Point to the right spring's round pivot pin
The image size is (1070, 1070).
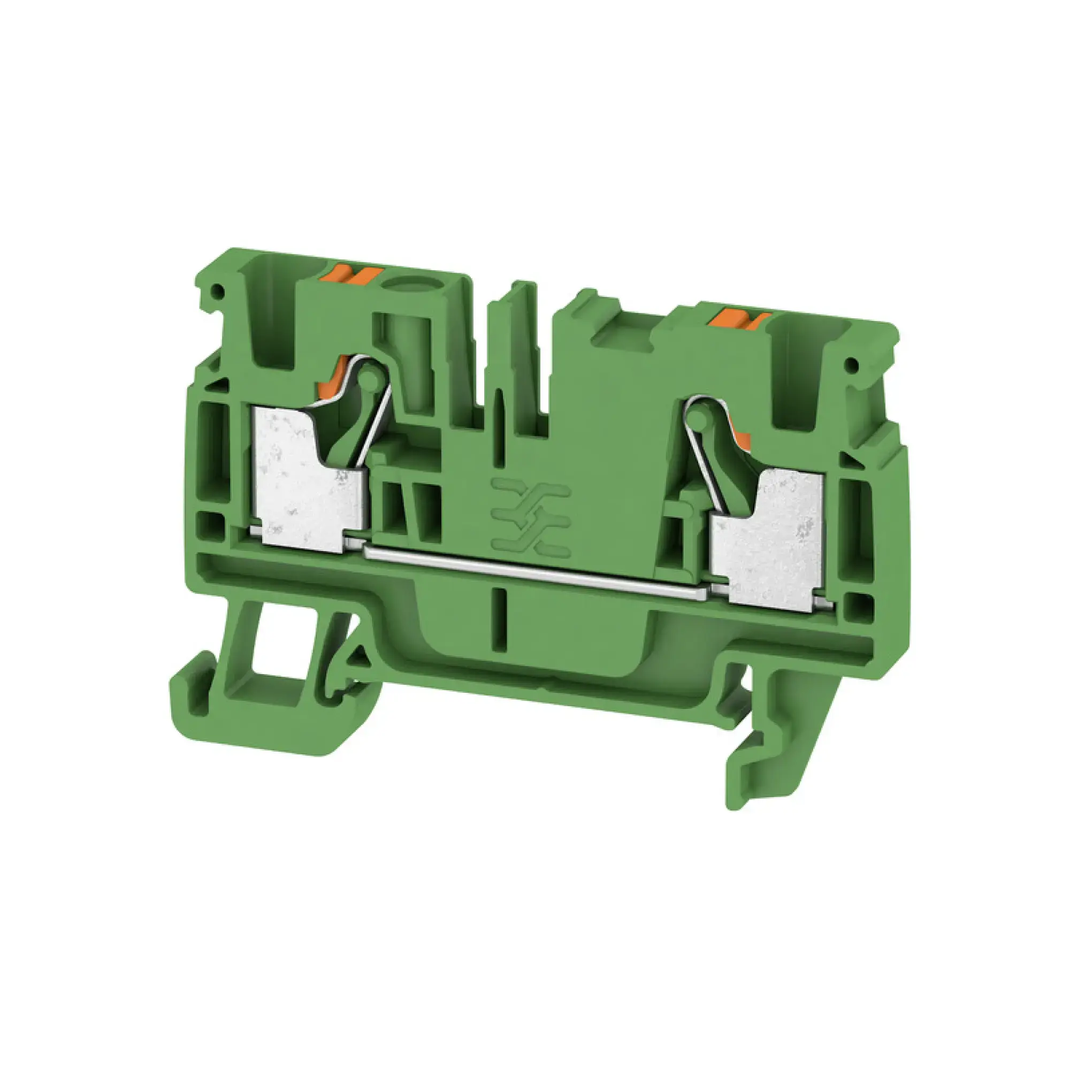coord(698,412)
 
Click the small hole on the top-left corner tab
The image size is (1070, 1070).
coord(219,289)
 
